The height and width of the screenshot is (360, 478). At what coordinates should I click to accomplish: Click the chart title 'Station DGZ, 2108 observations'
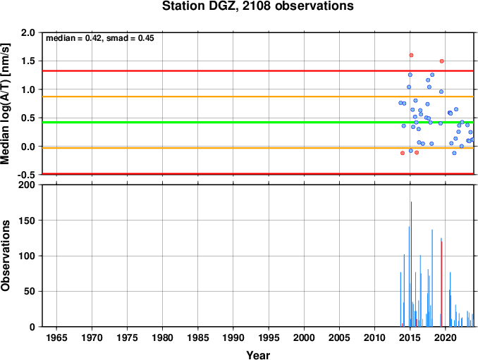pyautogui.click(x=257, y=6)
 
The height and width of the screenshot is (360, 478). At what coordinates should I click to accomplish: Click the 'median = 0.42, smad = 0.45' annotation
pyautogui.click(x=100, y=38)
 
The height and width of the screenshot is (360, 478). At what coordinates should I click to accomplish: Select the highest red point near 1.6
pyautogui.click(x=411, y=55)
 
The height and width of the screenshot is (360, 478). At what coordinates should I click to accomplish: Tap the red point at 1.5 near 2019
pyautogui.click(x=442, y=61)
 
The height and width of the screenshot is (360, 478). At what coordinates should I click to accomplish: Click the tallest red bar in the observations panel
pyautogui.click(x=411, y=264)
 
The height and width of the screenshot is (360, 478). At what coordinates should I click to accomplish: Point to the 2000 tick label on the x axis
pyautogui.click(x=304, y=337)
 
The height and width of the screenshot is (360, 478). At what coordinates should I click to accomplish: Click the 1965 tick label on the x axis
pyautogui.click(x=56, y=337)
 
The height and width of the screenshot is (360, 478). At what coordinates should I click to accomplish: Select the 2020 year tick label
pyautogui.click(x=446, y=337)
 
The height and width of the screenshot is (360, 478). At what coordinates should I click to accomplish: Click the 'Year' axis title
pyautogui.click(x=258, y=355)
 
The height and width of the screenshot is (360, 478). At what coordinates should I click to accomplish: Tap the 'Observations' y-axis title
pyautogui.click(x=6, y=256)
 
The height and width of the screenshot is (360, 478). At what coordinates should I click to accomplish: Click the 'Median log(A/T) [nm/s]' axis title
pyautogui.click(x=6, y=104)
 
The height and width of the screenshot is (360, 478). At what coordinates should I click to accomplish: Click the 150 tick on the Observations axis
pyautogui.click(x=27, y=221)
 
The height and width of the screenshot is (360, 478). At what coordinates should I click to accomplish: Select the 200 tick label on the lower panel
pyautogui.click(x=27, y=185)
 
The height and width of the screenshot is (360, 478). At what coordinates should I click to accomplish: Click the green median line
pyautogui.click(x=258, y=123)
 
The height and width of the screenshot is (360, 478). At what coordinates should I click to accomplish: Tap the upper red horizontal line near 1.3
pyautogui.click(x=258, y=71)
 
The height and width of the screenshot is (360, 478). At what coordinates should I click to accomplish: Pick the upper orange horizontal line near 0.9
pyautogui.click(x=258, y=97)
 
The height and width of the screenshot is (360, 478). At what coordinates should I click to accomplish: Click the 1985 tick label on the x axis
pyautogui.click(x=198, y=337)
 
